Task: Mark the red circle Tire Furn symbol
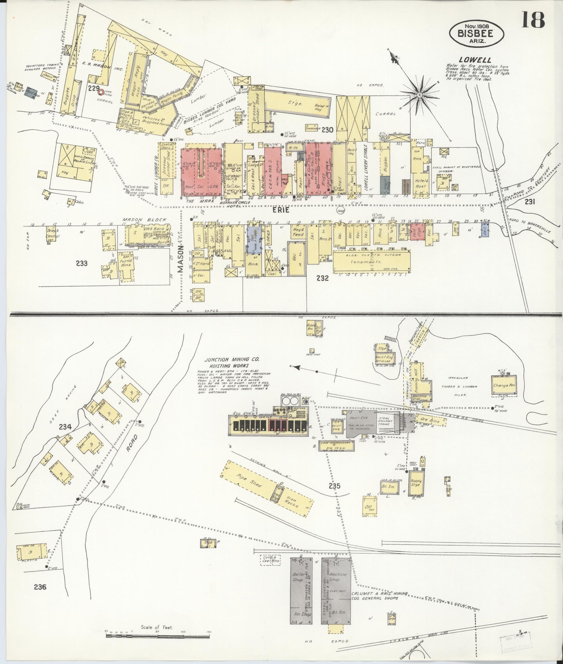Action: coord(101,92)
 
